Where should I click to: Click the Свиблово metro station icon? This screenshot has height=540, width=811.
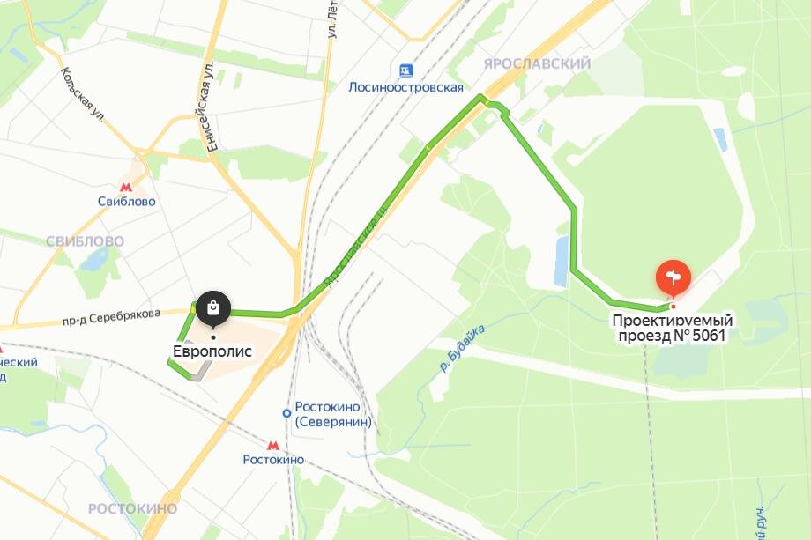tap(127, 186)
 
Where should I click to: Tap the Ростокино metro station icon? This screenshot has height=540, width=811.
tap(273, 445)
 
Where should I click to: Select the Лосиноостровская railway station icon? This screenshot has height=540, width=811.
tap(405, 70)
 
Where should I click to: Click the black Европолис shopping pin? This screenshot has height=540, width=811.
tap(212, 308)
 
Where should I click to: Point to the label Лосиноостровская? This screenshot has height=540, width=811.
tap(405, 87)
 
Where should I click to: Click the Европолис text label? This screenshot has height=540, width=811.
tap(212, 351)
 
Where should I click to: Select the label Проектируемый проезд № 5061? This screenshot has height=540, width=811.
tap(673, 328)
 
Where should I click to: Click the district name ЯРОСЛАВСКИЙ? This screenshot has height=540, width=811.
tap(536, 63)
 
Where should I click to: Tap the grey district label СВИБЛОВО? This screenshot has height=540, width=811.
tap(85, 241)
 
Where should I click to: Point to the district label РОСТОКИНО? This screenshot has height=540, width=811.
tap(132, 508)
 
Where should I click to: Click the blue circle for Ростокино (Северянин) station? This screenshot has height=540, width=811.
tap(286, 412)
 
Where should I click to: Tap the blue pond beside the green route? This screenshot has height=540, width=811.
tap(561, 260)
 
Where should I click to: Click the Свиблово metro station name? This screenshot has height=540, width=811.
tap(127, 202)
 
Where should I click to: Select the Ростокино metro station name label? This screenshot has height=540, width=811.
tap(273, 460)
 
